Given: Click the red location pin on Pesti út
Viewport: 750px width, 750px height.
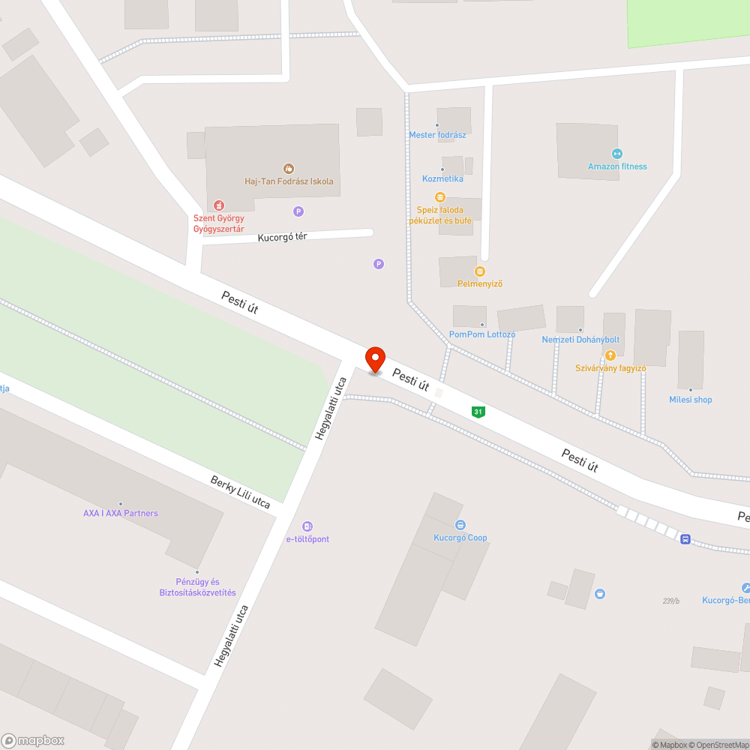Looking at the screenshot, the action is click(375, 360).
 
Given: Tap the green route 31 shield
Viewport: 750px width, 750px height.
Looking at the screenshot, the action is click(478, 412).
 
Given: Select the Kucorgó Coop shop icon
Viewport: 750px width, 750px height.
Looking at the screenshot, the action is click(460, 526).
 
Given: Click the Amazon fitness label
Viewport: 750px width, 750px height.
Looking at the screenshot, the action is click(617, 166).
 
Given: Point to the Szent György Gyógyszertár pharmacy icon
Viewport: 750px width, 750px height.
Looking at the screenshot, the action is click(218, 205).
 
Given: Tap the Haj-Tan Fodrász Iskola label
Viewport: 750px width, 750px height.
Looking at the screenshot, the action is click(289, 181).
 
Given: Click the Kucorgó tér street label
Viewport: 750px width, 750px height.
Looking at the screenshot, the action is click(282, 237).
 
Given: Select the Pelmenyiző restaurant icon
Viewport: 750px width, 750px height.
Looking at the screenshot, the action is click(480, 271).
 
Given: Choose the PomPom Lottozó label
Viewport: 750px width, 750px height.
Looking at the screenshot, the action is click(482, 334).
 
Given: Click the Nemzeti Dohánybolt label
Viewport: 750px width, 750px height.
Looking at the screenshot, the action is click(580, 340).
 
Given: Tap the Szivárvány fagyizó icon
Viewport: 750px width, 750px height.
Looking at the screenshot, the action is click(610, 355).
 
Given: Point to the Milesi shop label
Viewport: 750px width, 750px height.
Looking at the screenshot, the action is click(691, 400).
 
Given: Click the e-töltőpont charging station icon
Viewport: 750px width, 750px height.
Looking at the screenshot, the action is click(307, 526).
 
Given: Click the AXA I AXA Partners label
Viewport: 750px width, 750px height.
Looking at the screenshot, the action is click(121, 513).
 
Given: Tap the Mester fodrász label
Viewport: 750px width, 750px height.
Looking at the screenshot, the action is click(437, 135).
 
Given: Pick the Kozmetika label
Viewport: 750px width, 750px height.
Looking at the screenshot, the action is click(442, 178).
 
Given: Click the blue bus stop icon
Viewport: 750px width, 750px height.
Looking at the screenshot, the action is click(685, 539).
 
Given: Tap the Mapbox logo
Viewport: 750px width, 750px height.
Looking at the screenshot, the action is click(34, 740).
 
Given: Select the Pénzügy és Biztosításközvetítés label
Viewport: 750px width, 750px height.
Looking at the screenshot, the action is click(198, 587).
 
